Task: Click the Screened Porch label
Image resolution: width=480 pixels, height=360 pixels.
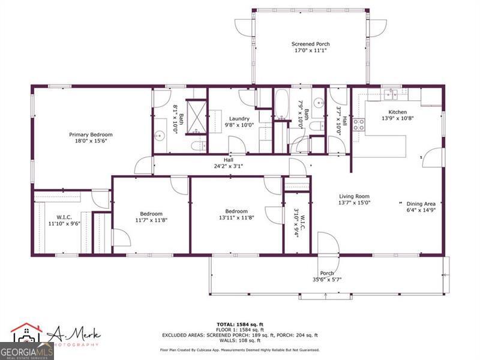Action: [310, 44]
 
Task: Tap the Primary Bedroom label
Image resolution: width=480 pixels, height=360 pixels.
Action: [91, 134]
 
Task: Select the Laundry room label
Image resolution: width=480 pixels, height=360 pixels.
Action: [239, 119]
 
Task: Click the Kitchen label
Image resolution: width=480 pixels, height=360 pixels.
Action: [398, 112]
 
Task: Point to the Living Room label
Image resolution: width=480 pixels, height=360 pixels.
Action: [355, 196]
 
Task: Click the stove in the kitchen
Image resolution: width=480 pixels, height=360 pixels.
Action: [359, 124]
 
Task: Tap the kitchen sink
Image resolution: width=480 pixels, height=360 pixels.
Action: [392, 93]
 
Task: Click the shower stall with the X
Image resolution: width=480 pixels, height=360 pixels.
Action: [195, 112]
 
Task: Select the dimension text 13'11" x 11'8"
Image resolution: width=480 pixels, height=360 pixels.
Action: [236, 220]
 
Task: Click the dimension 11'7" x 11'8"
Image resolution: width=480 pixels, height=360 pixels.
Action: [151, 220]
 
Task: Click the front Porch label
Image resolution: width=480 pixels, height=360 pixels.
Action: [326, 274]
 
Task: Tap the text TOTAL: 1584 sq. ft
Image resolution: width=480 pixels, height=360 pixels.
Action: [239, 324]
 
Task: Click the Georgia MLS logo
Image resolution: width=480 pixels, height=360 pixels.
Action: [26, 346]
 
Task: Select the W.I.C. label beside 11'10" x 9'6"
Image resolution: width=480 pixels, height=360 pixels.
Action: [64, 217]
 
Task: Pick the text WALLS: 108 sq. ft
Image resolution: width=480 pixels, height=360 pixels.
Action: [239, 340]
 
